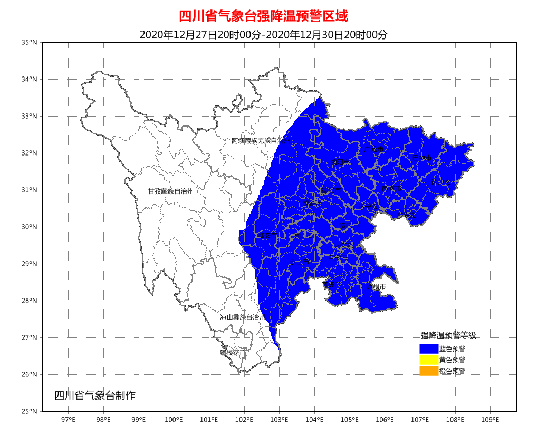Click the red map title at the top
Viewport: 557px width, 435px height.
[263, 16]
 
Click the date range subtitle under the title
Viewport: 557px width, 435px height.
[263, 35]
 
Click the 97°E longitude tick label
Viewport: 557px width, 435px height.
[68, 420]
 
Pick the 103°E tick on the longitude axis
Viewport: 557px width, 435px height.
[279, 420]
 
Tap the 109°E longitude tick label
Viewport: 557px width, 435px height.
[490, 420]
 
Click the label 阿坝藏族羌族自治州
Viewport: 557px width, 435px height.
[261, 141]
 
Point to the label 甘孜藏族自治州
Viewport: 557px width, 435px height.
[170, 191]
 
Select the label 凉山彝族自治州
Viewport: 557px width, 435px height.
[242, 317]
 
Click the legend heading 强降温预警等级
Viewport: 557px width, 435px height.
[448, 335]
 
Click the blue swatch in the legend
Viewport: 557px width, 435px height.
[429, 349]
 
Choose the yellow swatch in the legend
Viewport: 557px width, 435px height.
[429, 360]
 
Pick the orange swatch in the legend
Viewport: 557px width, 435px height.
[429, 371]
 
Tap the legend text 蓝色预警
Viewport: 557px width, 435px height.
[452, 349]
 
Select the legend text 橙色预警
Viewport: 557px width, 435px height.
[452, 371]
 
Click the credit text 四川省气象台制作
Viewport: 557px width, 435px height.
[95, 395]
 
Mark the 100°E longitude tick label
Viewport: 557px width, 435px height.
[174, 420]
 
